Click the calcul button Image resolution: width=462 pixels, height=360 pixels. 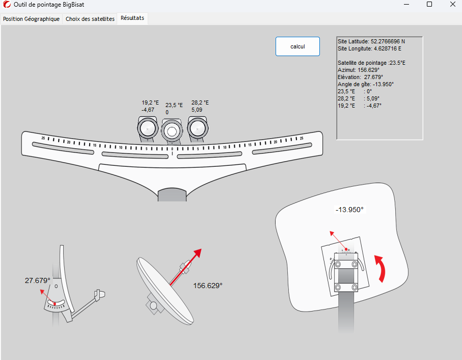[297, 46]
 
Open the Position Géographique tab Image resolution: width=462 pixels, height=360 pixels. [32, 19]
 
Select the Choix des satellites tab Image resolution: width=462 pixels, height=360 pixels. [90, 19]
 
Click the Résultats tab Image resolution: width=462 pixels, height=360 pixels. [132, 18]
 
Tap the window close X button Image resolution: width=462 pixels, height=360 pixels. [452, 5]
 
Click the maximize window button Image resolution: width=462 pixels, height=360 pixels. [429, 5]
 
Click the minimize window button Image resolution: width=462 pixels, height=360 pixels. [406, 5]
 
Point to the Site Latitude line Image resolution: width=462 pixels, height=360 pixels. [371, 41]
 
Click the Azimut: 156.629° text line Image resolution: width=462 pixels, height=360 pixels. [359, 70]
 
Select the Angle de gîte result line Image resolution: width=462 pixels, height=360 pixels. [365, 84]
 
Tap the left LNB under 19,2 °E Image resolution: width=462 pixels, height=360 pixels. [147, 128]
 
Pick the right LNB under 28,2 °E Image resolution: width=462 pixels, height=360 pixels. [197, 128]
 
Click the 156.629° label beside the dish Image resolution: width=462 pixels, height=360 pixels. [208, 286]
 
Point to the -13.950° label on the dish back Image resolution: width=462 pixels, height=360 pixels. [349, 210]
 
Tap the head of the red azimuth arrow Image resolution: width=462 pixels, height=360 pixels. [198, 253]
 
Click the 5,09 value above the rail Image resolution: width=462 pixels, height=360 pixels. [197, 109]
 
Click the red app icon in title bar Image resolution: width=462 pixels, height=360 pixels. [7, 5]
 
